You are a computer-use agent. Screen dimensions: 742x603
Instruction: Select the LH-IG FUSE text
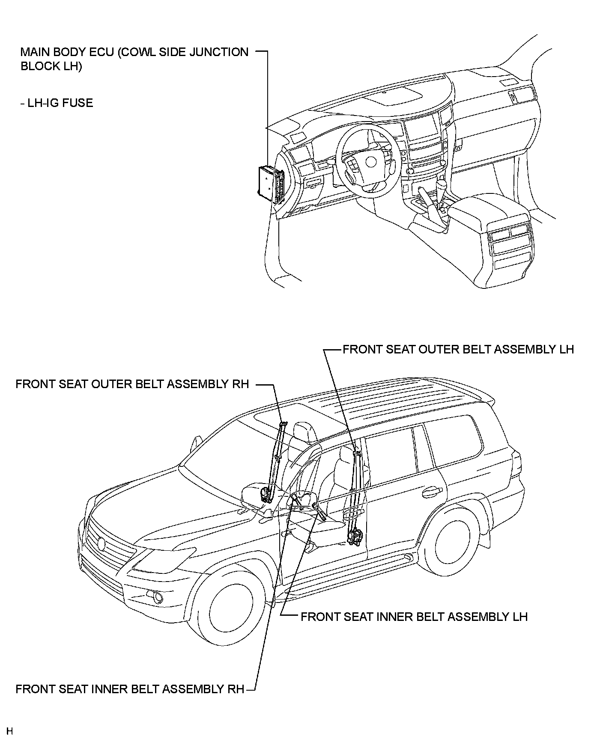coord(57,103)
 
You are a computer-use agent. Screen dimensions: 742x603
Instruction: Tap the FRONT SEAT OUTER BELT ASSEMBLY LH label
coord(458,349)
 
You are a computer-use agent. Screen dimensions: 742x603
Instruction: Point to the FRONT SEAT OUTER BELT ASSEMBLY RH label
coord(132,384)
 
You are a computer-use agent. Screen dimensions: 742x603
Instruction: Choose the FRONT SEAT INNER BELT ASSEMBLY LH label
coord(414,617)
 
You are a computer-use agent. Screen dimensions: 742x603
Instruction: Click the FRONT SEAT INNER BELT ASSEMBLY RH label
coord(129,689)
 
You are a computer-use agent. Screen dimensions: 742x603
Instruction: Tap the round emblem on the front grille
coord(101,543)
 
